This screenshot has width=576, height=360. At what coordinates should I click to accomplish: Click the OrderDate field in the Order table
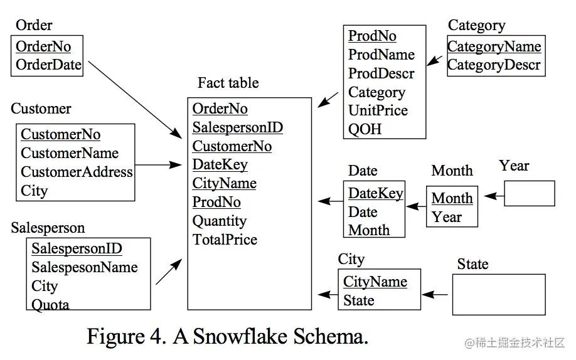tap(48, 65)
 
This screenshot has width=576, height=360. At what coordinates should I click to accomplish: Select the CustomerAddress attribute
tap(77, 172)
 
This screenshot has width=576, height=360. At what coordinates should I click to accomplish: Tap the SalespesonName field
tap(85, 267)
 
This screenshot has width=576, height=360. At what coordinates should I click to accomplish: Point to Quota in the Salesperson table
tap(50, 305)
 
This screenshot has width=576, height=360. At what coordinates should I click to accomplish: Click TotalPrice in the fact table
tap(225, 240)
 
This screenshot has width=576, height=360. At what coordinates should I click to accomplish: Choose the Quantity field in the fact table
tap(220, 221)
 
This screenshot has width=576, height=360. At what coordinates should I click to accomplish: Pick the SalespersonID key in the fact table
tap(238, 127)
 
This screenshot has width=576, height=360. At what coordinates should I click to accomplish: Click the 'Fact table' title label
tap(228, 83)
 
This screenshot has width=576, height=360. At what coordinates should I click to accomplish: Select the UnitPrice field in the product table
tap(378, 110)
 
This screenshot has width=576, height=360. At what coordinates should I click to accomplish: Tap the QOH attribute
tap(365, 129)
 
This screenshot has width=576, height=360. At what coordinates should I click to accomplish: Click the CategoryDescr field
tap(494, 65)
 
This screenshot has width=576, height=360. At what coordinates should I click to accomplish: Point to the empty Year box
tap(530, 193)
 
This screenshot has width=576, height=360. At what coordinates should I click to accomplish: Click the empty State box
tap(499, 295)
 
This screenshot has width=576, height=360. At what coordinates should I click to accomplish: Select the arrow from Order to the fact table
tap(135, 100)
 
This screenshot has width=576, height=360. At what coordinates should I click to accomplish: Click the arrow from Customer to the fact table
tap(158, 165)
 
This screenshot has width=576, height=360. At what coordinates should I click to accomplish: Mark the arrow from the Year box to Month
tap(494, 196)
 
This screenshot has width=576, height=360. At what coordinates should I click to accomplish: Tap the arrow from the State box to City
tap(435, 295)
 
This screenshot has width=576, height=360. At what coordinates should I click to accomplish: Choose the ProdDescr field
tap(381, 73)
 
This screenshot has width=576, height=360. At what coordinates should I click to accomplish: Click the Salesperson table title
tap(48, 228)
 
